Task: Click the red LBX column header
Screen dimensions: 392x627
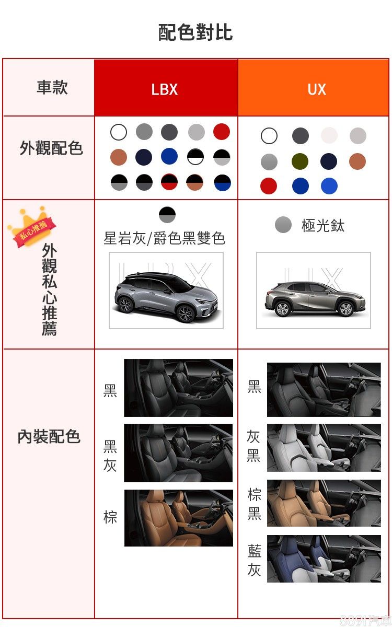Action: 166,87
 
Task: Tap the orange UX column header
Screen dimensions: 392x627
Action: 313,87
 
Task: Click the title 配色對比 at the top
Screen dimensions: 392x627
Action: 195,32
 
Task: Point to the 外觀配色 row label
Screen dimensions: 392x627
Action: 51,148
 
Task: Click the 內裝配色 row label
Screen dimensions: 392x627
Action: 49,436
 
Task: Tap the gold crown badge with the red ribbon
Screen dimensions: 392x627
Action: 31,227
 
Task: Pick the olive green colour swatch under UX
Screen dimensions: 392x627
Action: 300,161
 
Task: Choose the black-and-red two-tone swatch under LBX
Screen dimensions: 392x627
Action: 169,182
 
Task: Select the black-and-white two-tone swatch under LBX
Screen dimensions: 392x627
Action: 195,157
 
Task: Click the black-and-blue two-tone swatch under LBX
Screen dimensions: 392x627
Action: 222,182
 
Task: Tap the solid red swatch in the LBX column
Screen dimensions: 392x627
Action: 222,132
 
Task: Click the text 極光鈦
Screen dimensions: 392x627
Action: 323,226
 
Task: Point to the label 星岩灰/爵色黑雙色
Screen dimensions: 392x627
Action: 164,238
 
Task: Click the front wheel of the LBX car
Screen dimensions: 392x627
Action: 186,314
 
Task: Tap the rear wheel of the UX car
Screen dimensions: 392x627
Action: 282,309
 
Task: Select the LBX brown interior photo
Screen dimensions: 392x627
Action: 179,518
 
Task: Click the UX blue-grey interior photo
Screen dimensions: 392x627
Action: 324,559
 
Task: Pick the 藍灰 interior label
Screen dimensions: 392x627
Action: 255,560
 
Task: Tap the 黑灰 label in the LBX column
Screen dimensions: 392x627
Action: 110,456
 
